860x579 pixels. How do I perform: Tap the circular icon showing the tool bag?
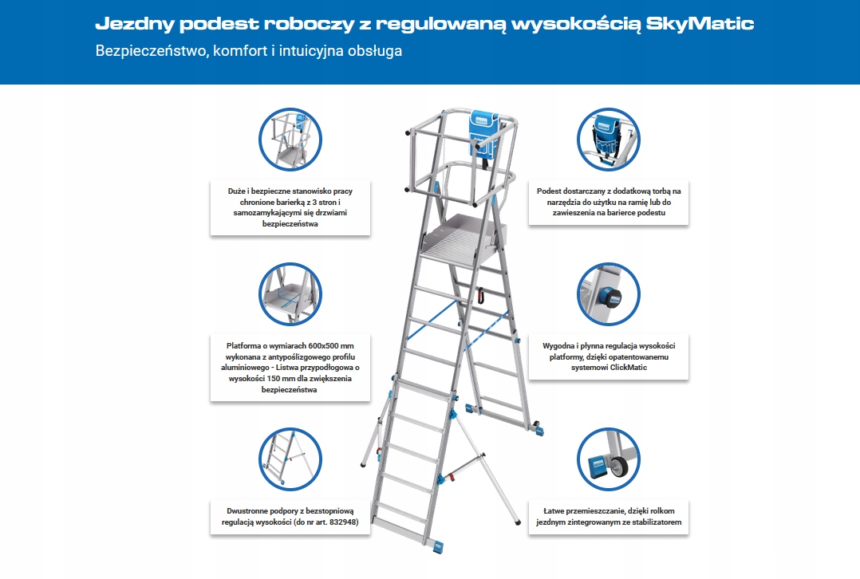coord(608,139)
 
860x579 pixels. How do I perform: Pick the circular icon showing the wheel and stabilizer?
coord(608,459)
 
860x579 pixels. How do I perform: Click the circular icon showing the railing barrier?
coord(291,139)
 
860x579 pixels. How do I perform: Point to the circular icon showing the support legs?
coord(291,459)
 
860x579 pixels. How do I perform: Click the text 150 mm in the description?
coord(278,379)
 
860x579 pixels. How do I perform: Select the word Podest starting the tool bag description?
coord(551,191)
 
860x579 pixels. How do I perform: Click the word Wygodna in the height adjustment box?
coord(560,345)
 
